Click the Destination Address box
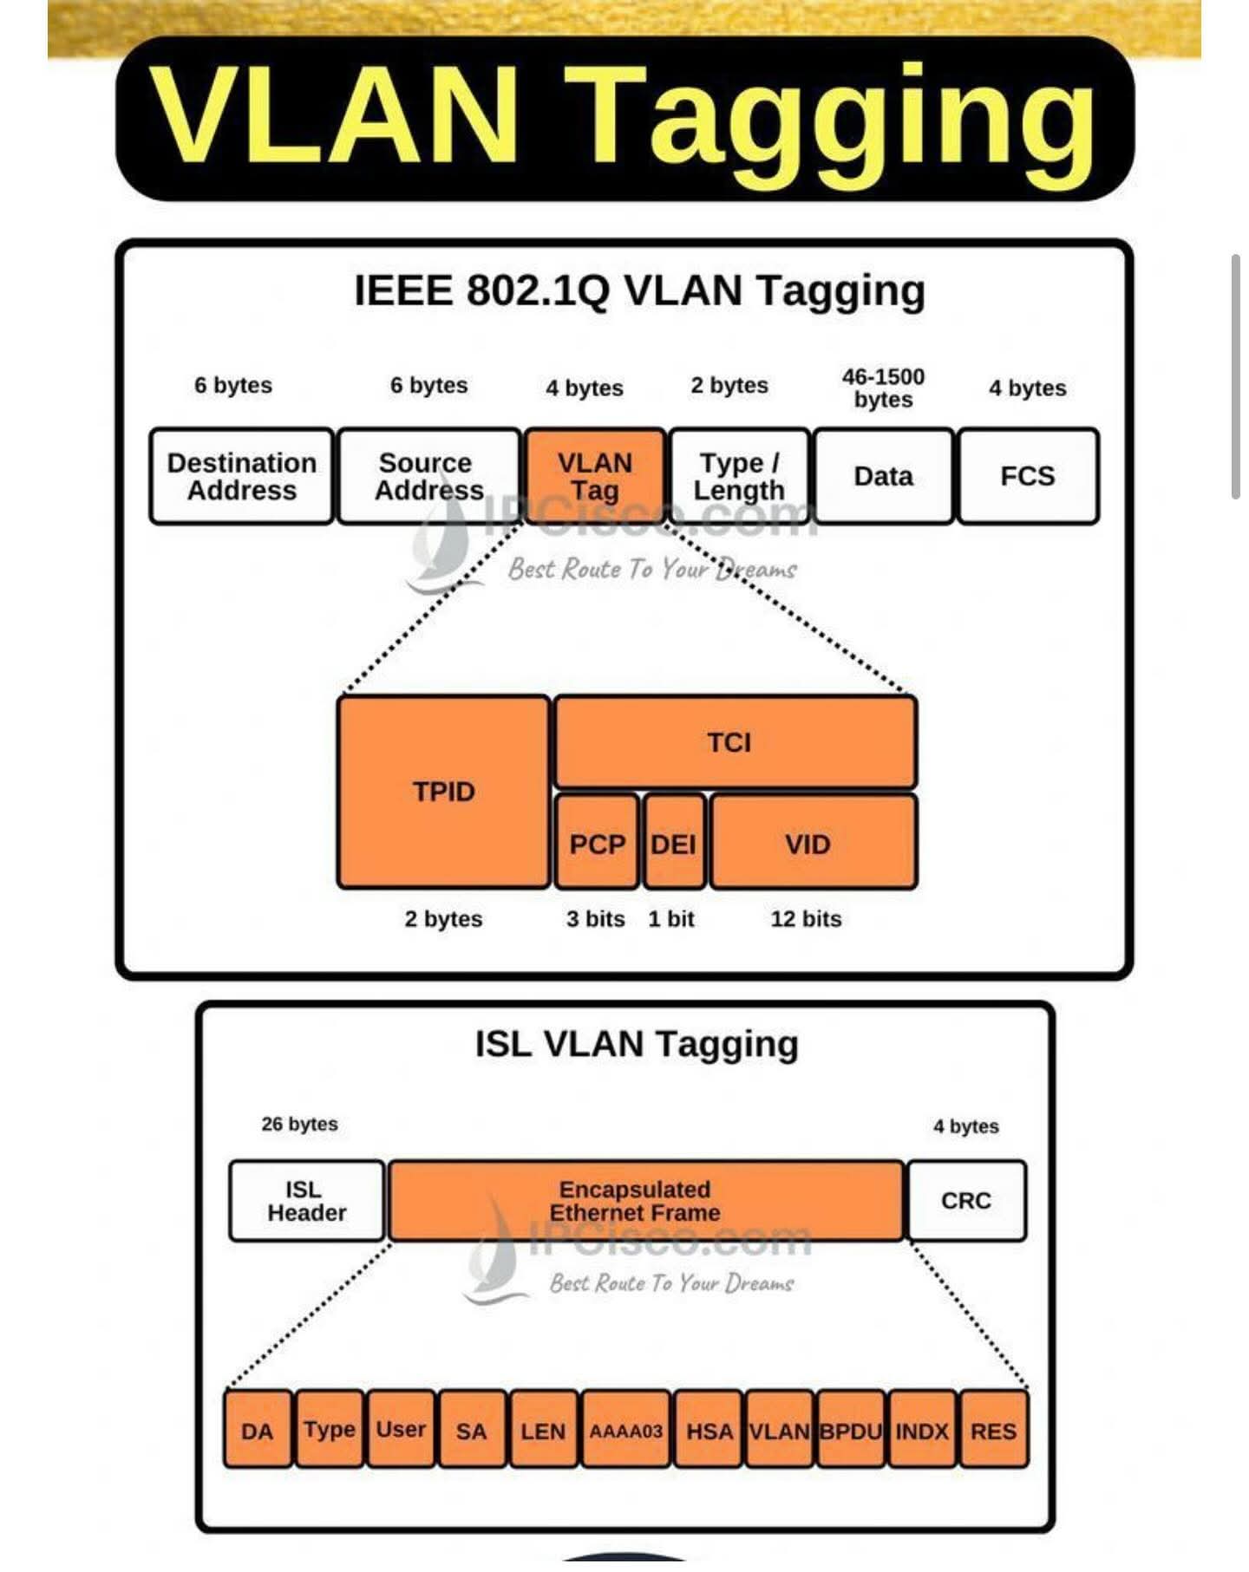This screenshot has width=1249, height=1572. click(241, 476)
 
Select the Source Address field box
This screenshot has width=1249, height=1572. click(428, 476)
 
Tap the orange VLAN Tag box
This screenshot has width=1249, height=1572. click(595, 476)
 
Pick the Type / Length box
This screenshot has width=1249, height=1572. click(739, 476)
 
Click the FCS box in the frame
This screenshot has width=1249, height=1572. click(1028, 476)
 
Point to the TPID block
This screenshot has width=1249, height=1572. click(443, 792)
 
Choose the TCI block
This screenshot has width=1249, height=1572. click(734, 743)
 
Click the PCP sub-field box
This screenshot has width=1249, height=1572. click(597, 844)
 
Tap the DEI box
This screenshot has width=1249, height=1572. click(674, 844)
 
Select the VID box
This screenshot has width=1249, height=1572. click(812, 844)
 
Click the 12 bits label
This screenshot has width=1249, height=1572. click(806, 919)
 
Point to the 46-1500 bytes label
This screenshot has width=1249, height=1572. click(883, 388)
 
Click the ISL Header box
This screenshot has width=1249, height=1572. click(306, 1201)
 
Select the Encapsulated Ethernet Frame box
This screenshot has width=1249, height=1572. click(645, 1201)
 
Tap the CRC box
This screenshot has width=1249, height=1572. click(965, 1201)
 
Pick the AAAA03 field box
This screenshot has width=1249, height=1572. click(625, 1430)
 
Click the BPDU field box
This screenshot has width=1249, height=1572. click(851, 1430)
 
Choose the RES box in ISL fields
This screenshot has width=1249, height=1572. click(994, 1430)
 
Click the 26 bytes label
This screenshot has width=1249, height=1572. click(299, 1125)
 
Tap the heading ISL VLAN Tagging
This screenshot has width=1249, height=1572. click(637, 1044)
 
